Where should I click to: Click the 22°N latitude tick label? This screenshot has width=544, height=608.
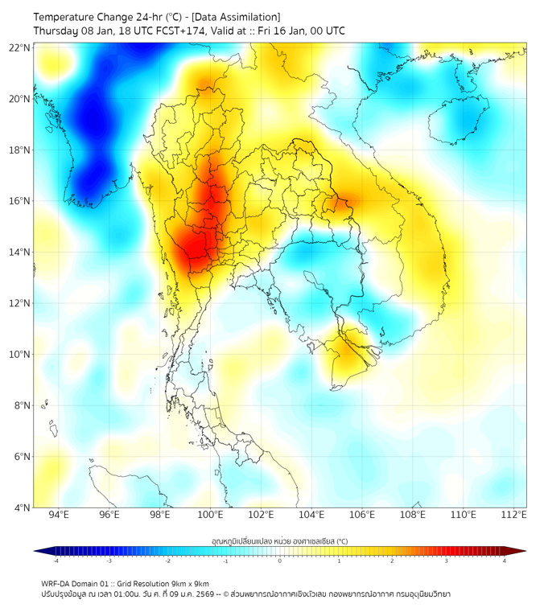(20, 48)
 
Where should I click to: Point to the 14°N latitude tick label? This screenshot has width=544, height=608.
(20, 253)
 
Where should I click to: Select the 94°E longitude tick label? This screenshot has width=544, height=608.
(59, 516)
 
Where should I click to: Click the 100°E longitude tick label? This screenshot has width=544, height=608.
(210, 516)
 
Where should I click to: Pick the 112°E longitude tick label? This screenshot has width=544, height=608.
(513, 516)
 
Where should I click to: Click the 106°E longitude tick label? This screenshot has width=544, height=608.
(362, 516)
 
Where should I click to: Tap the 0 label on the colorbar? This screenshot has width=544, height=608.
(280, 561)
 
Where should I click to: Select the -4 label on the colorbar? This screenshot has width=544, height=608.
(55, 561)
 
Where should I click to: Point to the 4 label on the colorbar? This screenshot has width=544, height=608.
(505, 561)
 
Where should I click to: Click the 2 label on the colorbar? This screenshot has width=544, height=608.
(392, 561)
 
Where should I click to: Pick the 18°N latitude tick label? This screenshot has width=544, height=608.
(20, 150)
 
